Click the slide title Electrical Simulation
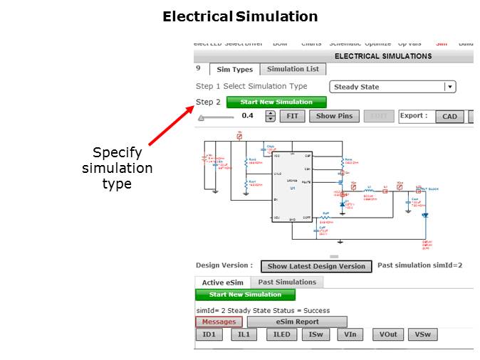coord(240,16)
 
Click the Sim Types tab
coord(234,69)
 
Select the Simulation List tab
coord(293,69)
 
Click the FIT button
coord(292,116)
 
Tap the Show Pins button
coord(334,116)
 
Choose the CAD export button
coord(449,116)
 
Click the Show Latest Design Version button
coord(316,266)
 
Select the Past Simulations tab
coord(287,282)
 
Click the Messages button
coord(219,322)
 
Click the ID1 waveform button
coord(209,335)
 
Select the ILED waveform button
coord(282,335)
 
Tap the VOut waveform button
coord(388,335)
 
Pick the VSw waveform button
coord(423,335)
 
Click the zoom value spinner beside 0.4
coord(270,116)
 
